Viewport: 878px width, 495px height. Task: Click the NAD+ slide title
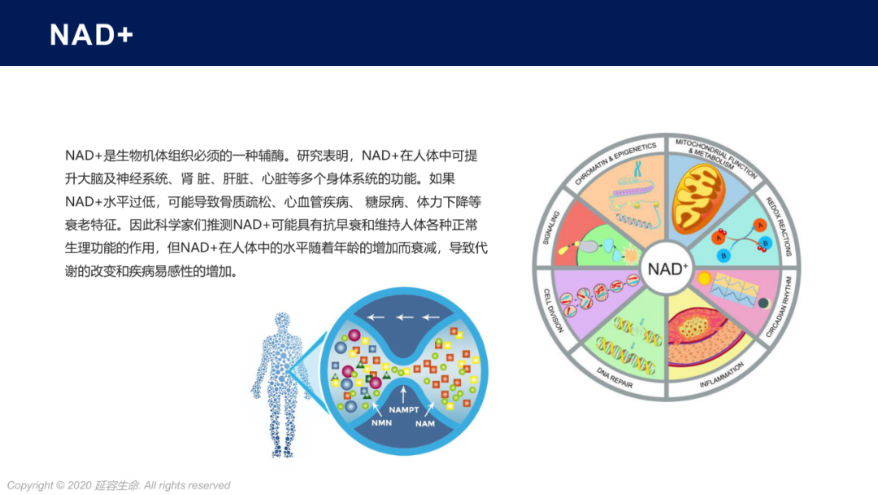(91, 35)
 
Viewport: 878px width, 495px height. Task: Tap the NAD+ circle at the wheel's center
(667, 269)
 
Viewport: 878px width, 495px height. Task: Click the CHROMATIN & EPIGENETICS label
(615, 163)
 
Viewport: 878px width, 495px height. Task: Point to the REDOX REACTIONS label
(779, 226)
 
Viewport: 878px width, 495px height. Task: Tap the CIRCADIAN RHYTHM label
(779, 306)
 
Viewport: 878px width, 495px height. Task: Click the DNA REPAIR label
(615, 377)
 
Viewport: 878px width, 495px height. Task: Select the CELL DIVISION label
(554, 310)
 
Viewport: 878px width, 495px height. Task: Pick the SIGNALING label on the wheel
(551, 228)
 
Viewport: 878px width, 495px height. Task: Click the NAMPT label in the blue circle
(404, 410)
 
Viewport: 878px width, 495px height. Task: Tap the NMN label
(381, 423)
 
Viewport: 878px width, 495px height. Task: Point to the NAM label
(425, 423)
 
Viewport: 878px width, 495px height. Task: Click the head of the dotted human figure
(282, 321)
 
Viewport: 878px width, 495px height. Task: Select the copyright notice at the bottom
(118, 485)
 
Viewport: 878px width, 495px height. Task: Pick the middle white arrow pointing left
(404, 318)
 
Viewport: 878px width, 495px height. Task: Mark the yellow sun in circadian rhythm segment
(704, 278)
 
